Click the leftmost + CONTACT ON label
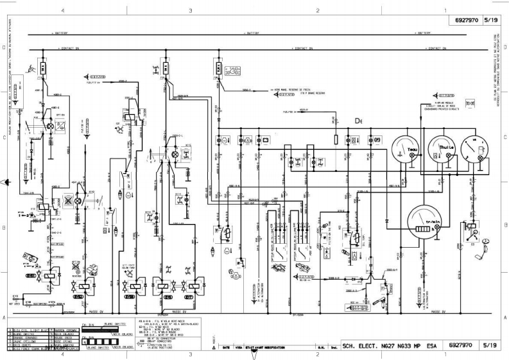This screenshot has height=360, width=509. click(67, 48)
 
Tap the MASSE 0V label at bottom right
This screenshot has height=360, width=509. click(439, 311)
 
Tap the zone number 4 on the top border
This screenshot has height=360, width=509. click(62, 11)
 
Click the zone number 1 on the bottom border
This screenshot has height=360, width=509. click(445, 354)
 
